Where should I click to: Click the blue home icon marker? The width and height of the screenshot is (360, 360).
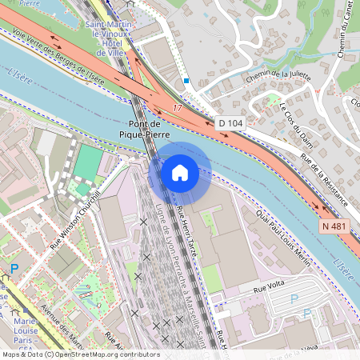pyautogui.click(x=179, y=173)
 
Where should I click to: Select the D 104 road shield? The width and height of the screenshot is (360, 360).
pyautogui.click(x=230, y=123)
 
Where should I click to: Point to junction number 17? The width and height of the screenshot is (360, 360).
pyautogui.click(x=177, y=107)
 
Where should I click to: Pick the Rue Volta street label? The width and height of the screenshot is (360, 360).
pyautogui.click(x=270, y=287)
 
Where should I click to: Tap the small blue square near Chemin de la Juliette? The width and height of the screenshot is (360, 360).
pyautogui.click(x=186, y=80)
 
